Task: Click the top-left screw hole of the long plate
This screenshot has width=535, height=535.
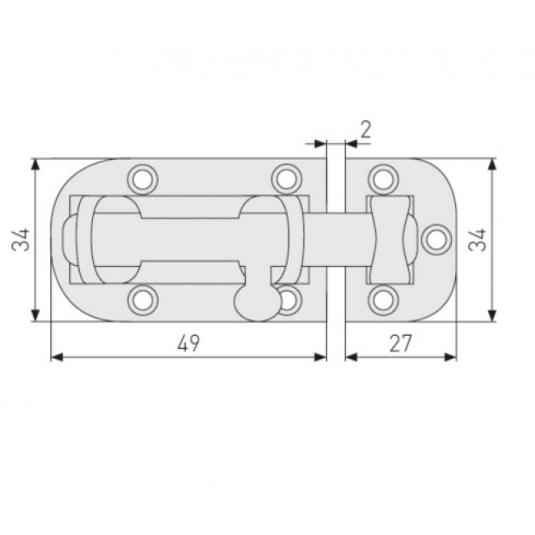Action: point(143,177)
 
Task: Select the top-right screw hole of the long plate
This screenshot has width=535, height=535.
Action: point(285,177)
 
